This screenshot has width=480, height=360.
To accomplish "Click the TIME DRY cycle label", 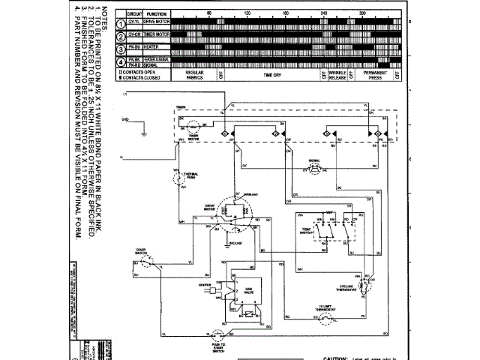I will pos(271,75).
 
